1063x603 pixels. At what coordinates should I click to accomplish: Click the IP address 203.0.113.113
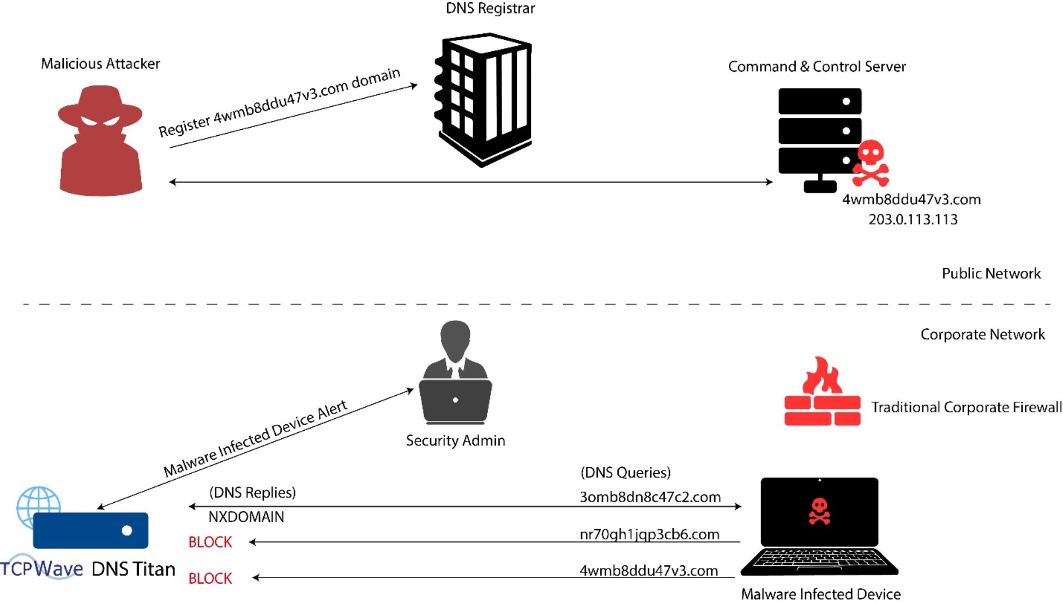(913, 220)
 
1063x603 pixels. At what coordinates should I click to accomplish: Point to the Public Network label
(991, 274)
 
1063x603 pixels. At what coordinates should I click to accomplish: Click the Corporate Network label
(982, 334)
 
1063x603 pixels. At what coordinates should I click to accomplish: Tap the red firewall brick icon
(822, 393)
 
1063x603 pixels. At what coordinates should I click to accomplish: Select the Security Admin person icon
(455, 373)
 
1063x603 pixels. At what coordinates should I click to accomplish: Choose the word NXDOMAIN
(246, 517)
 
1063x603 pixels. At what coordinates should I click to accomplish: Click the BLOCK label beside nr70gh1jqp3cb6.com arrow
(210, 542)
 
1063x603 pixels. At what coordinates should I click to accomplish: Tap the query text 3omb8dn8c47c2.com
(650, 497)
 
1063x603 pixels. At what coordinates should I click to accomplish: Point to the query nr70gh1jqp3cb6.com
(649, 534)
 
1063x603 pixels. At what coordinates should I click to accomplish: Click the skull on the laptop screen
(819, 511)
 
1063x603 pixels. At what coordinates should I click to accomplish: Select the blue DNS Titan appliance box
(90, 530)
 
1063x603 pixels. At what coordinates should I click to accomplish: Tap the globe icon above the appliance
(38, 504)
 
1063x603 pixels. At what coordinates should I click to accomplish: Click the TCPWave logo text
(42, 569)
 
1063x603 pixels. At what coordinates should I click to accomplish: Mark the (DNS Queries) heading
(625, 473)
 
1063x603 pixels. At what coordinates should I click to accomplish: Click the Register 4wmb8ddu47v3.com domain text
(279, 102)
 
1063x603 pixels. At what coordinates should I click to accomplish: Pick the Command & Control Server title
(817, 67)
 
